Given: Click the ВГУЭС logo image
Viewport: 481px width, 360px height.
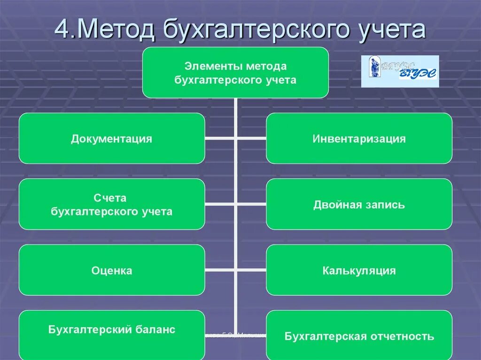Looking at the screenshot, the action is click(x=400, y=71).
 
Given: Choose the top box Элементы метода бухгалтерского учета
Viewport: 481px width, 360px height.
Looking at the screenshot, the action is click(x=235, y=73).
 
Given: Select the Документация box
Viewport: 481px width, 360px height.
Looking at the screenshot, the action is click(x=112, y=138).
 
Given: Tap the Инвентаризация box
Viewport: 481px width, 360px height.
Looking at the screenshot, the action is click(x=359, y=138).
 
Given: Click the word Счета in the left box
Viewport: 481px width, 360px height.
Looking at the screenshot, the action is click(x=112, y=199).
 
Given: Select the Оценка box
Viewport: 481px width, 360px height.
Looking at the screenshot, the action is click(x=112, y=270).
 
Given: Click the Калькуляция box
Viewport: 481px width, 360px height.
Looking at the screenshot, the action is click(x=359, y=270).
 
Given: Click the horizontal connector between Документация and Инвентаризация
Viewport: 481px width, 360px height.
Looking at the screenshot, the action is click(x=235, y=138).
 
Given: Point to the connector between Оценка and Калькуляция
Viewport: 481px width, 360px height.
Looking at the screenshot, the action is click(x=235, y=270).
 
